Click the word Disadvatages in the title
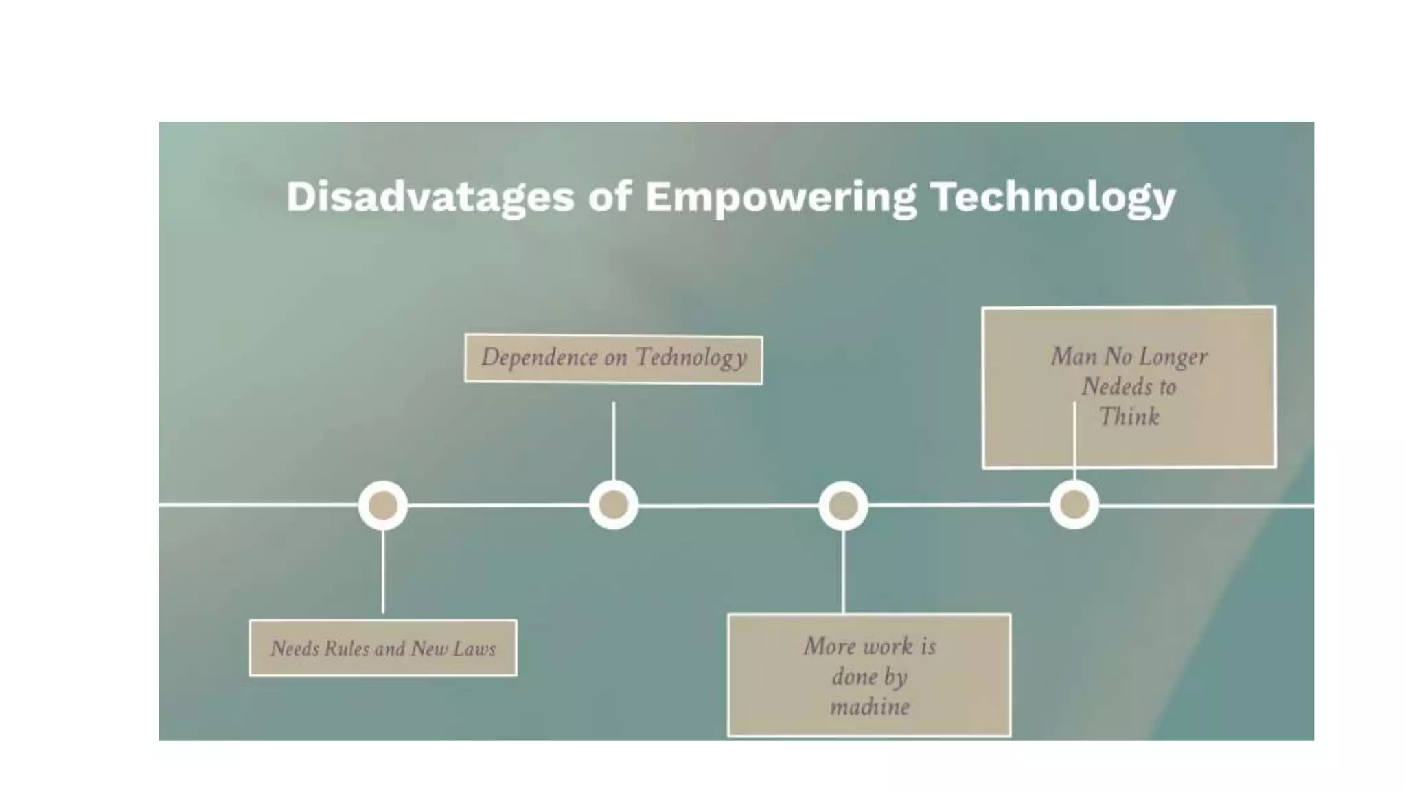pos(430,197)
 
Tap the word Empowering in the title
pos(780,197)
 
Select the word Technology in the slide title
pos(1052,197)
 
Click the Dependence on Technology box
pos(613,358)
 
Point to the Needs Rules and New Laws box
pos(382,648)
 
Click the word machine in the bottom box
pos(869,707)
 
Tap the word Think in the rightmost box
pos(1129,417)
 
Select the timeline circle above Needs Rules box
pos(383,505)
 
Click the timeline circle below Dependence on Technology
pos(614,505)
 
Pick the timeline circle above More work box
pos(843,506)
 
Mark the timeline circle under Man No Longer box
pos(1074,505)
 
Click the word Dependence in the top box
pos(539,358)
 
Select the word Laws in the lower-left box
pos(474,649)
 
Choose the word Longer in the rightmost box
pos(1173,357)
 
